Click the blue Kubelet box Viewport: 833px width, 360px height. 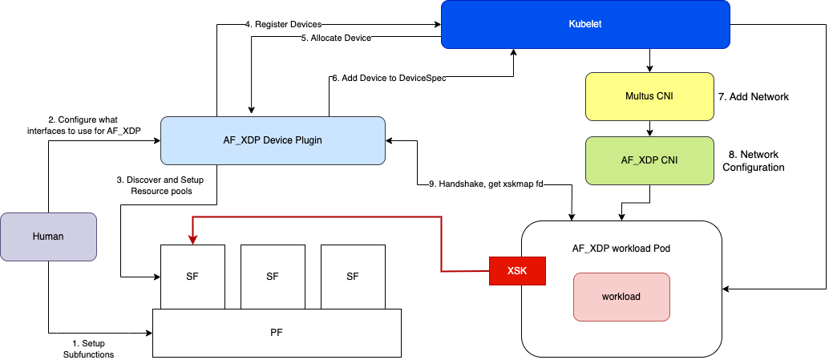click(x=584, y=24)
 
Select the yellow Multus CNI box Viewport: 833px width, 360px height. click(x=649, y=96)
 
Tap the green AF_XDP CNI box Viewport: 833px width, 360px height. click(x=649, y=160)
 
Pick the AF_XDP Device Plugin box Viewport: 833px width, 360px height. click(x=273, y=141)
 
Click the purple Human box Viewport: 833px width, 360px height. click(x=48, y=237)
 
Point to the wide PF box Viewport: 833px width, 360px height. click(x=276, y=332)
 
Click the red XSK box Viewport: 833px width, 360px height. click(x=517, y=271)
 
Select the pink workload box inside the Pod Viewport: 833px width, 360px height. click(x=621, y=296)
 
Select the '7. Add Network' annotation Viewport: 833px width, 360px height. click(x=754, y=96)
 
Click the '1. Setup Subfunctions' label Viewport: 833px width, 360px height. click(x=88, y=349)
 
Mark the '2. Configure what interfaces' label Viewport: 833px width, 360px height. click(x=95, y=125)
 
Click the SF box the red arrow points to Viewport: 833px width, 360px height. click(x=192, y=276)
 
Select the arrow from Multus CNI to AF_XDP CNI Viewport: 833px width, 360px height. click(x=649, y=127)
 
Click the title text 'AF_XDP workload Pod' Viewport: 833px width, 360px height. click(x=621, y=248)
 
